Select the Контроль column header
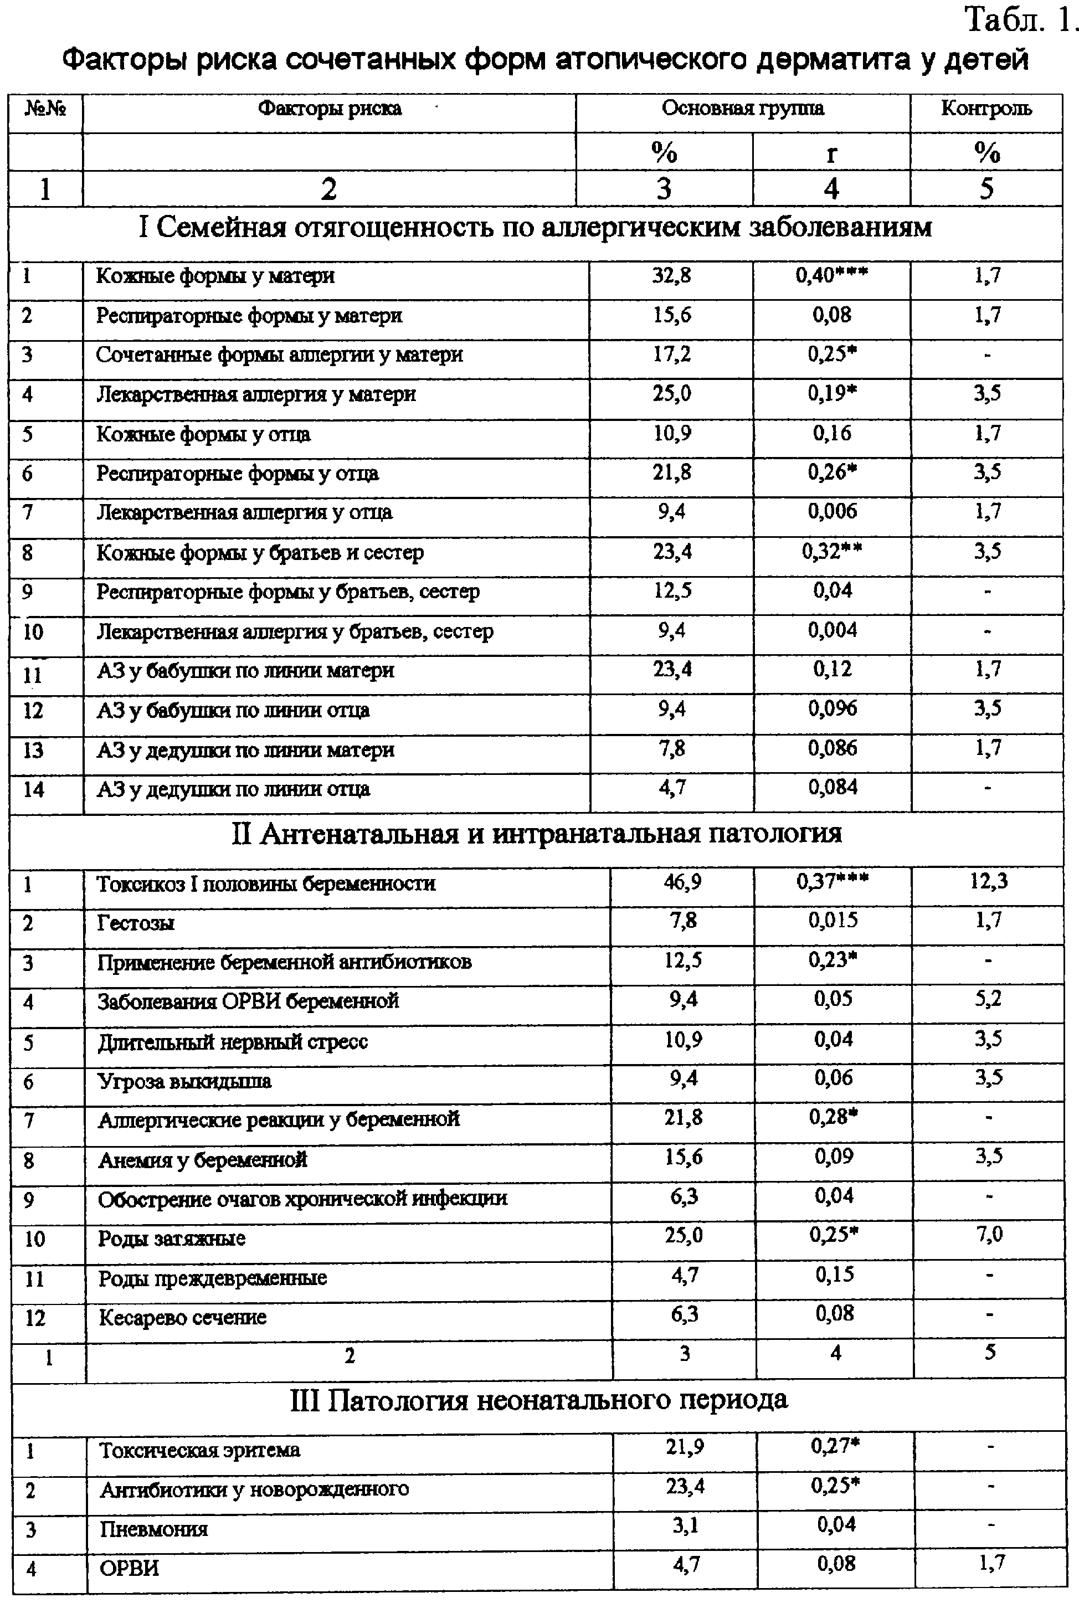click(x=986, y=109)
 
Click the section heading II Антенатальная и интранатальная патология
click(x=537, y=834)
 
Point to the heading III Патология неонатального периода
click(x=539, y=1399)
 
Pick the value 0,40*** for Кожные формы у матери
click(x=831, y=276)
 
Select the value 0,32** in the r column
click(x=831, y=552)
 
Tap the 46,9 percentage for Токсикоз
click(x=682, y=882)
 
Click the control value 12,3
click(x=989, y=881)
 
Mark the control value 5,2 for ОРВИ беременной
click(x=988, y=999)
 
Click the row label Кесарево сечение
click(x=182, y=1318)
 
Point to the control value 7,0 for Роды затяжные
click(x=989, y=1235)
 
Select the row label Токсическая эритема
click(x=199, y=1450)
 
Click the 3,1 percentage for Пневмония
click(x=685, y=1525)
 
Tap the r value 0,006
click(x=832, y=512)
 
